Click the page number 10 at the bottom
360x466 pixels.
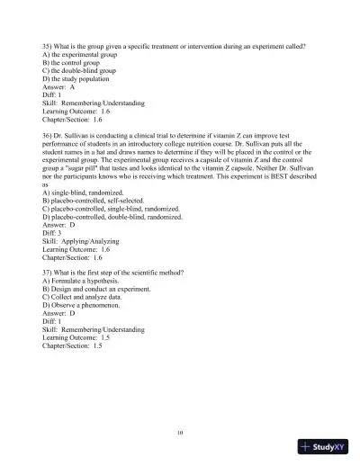click(180, 433)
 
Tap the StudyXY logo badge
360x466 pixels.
click(326, 446)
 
